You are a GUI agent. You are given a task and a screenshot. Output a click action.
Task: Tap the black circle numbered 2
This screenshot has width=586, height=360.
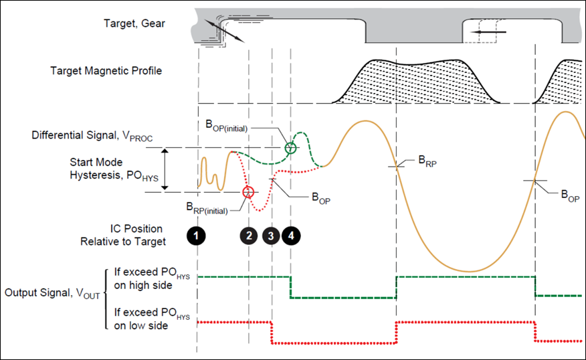click(x=249, y=235)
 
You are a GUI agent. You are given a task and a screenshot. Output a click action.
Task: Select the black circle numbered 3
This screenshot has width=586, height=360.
click(x=271, y=235)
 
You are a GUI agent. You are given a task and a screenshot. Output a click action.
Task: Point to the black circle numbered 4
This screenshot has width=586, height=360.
click(x=292, y=235)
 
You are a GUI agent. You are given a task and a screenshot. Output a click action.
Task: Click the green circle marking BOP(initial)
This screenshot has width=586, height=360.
click(x=290, y=148)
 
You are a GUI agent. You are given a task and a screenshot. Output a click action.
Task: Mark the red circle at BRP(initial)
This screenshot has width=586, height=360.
click(x=248, y=192)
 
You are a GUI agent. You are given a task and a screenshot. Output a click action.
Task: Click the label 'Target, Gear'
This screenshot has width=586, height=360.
click(x=134, y=24)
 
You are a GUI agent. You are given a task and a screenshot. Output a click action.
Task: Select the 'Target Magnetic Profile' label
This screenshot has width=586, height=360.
click(x=106, y=71)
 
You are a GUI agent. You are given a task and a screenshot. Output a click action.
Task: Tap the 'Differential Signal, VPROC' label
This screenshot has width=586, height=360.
click(x=92, y=136)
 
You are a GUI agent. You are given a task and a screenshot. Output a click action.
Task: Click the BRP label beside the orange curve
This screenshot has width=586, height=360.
click(x=427, y=160)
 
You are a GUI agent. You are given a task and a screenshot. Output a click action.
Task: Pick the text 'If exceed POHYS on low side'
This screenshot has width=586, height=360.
click(x=153, y=319)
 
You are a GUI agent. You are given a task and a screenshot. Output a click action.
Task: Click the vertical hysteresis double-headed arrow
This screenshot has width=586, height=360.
click(x=166, y=170)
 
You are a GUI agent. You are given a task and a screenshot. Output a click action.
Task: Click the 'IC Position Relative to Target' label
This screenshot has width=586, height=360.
click(x=127, y=235)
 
